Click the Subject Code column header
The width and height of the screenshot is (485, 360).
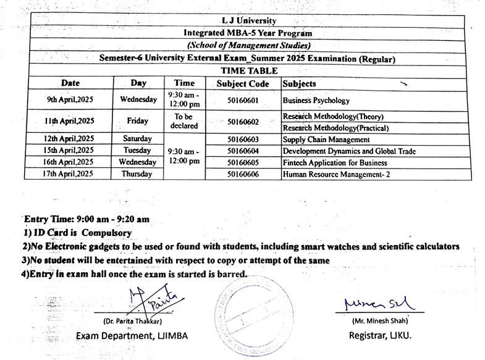(242, 83)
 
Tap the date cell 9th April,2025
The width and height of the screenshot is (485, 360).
(69, 99)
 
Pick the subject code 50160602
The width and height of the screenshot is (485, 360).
(242, 122)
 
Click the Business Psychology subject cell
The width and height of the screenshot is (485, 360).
(316, 100)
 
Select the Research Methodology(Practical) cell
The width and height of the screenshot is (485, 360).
(335, 128)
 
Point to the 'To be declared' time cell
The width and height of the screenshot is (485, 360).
(184, 121)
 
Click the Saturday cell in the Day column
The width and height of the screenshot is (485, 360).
(138, 139)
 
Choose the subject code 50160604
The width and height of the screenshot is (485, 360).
(242, 151)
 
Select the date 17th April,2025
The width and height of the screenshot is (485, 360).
(69, 174)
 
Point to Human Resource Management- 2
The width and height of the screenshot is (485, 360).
(336, 174)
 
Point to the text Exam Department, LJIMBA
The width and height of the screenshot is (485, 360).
(132, 335)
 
